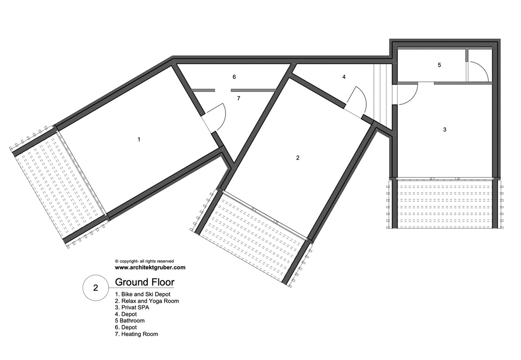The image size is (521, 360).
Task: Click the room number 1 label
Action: tap(139, 140)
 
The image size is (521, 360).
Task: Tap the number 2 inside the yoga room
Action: tap(298, 158)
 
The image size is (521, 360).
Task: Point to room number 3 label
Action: tap(445, 130)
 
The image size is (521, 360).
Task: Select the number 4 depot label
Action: tap(344, 77)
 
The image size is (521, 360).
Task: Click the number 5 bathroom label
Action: tap(439, 65)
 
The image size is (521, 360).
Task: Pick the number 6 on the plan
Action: tap(234, 77)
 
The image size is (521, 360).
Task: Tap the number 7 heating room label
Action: tap(239, 99)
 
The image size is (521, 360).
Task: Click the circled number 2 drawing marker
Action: tap(96, 288)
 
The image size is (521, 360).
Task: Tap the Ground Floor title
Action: tap(144, 282)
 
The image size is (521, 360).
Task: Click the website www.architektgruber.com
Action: tap(150, 267)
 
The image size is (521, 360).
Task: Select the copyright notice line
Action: tap(144, 261)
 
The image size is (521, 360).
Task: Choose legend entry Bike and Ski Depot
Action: tap(143, 294)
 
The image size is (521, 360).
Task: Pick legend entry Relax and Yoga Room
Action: tap(147, 301)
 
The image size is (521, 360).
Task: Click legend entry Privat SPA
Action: tap(132, 307)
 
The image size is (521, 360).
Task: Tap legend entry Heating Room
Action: tap(136, 334)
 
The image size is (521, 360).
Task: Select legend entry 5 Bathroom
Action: tap(130, 321)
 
